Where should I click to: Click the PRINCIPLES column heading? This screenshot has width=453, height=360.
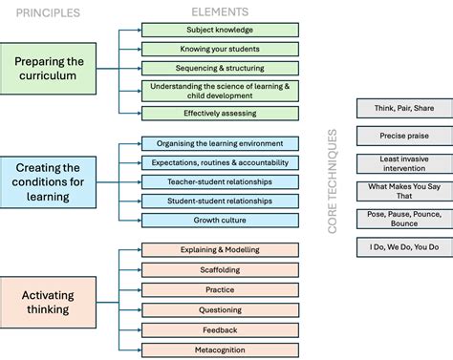pyautogui.click(x=46, y=13)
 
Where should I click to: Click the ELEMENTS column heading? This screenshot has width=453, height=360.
pyautogui.click(x=219, y=12)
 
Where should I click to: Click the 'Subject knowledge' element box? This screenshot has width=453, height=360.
pyautogui.click(x=219, y=30)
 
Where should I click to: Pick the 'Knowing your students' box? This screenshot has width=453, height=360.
pyautogui.click(x=219, y=49)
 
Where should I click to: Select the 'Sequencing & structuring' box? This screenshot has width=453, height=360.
pyautogui.click(x=219, y=68)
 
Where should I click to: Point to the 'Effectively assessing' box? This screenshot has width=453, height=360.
pyautogui.click(x=219, y=113)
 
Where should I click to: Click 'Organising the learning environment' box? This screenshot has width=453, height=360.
pyautogui.click(x=219, y=143)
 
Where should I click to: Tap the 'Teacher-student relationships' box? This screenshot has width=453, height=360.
pyautogui.click(x=219, y=181)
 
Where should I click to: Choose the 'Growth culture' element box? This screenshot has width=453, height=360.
pyautogui.click(x=219, y=220)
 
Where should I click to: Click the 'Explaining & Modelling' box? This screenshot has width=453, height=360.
pyautogui.click(x=219, y=250)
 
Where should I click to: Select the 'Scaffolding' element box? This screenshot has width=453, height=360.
pyautogui.click(x=219, y=270)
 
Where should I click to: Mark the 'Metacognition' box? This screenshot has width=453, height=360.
pyautogui.click(x=219, y=349)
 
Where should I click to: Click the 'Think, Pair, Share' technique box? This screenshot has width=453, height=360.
pyautogui.click(x=403, y=108)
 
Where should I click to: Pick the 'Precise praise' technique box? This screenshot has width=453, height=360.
pyautogui.click(x=403, y=136)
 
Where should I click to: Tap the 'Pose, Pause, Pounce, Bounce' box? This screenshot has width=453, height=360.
pyautogui.click(x=403, y=219)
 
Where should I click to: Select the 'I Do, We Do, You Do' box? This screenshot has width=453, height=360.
pyautogui.click(x=403, y=246)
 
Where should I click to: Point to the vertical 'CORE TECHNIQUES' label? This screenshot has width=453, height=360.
pyautogui.click(x=334, y=181)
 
